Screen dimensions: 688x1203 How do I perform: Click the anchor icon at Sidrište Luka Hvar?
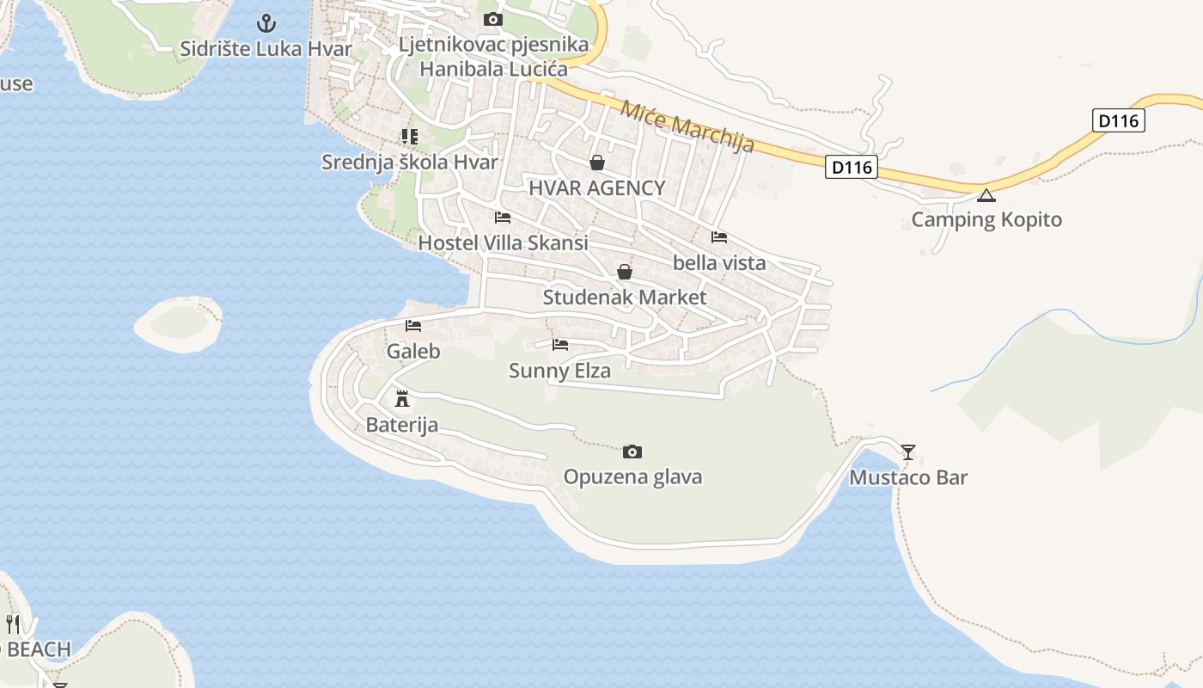point(266,23)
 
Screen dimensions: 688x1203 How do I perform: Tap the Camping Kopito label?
point(986,219)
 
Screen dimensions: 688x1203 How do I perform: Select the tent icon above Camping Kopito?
point(986,195)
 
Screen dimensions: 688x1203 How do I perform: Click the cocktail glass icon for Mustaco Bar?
point(908,451)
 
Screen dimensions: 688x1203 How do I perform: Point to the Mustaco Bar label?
point(908,477)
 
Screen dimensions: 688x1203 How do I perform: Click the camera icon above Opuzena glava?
point(632,451)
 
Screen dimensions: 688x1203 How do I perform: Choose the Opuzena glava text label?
point(632,476)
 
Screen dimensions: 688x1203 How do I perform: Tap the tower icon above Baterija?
point(401,399)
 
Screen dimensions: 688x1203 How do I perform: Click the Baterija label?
point(401,425)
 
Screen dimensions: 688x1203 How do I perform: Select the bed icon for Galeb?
point(413,326)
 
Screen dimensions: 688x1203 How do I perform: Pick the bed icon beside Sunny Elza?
point(560,346)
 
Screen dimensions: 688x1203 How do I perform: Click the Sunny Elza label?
point(559,371)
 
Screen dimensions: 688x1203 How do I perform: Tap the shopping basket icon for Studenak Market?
point(625,273)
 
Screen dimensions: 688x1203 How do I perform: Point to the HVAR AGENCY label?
point(596,187)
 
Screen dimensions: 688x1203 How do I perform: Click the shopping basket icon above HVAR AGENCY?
point(597,163)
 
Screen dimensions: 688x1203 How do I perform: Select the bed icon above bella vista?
point(719,237)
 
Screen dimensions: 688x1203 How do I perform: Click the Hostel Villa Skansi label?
point(503,243)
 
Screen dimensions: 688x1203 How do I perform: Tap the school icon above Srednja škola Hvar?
point(410,137)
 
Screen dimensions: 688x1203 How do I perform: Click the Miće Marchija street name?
point(687,126)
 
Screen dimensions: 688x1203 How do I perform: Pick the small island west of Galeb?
point(179,323)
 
